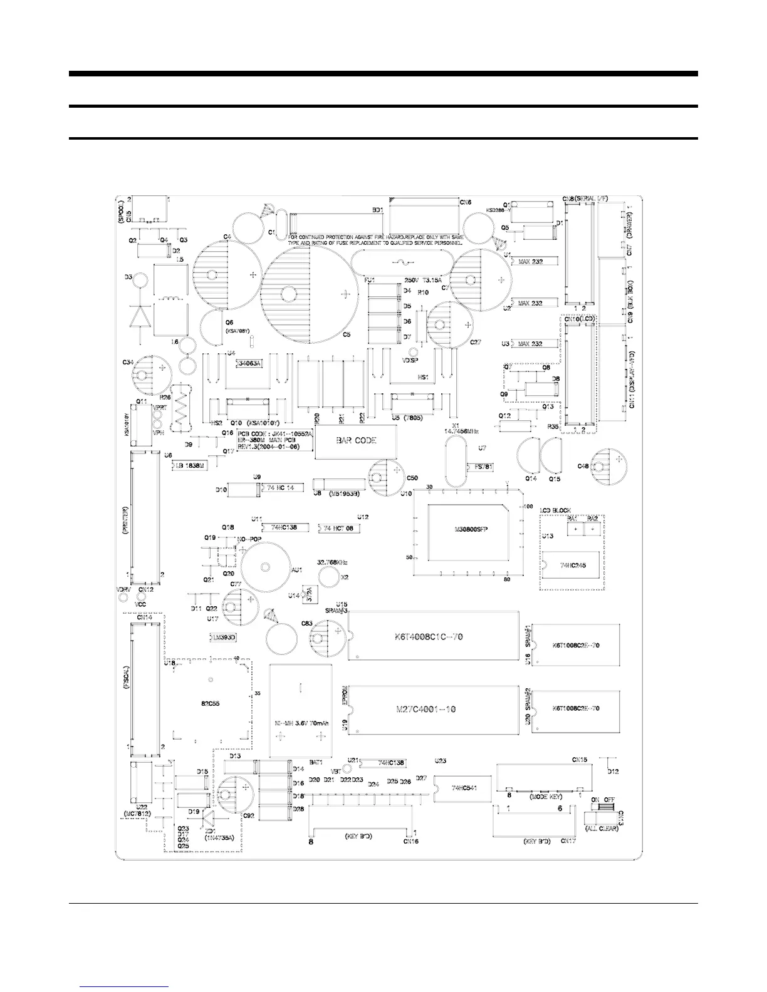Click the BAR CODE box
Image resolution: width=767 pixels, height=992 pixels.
356,441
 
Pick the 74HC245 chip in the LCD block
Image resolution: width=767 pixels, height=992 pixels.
572,564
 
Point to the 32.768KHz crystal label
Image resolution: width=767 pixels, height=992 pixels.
333,562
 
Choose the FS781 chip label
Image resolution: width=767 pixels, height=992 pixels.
485,467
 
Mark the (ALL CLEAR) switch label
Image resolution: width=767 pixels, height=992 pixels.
601,829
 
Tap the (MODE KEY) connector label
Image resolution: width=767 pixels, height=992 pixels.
545,797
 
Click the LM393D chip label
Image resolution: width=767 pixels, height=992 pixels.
223,637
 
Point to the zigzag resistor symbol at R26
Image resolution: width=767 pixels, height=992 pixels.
182,408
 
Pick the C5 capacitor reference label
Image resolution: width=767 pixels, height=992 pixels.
347,334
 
